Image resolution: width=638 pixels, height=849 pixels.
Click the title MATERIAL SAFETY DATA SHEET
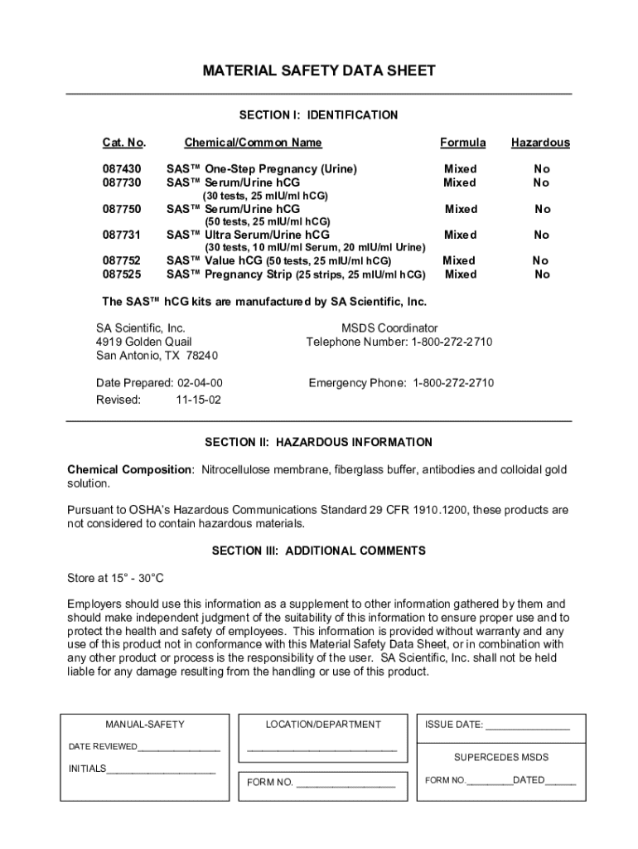(x=319, y=71)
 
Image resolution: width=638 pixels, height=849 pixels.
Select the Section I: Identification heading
(x=319, y=115)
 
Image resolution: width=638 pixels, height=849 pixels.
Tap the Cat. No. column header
(x=123, y=143)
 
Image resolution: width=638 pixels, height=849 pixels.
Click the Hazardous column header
(x=540, y=143)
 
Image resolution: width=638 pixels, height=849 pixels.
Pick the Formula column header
(x=462, y=143)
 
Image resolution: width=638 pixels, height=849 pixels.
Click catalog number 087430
(x=122, y=169)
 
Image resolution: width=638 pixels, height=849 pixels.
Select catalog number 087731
(x=122, y=235)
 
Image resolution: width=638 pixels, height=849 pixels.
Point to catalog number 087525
(x=122, y=274)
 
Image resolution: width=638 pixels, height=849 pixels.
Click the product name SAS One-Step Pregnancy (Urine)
(x=262, y=169)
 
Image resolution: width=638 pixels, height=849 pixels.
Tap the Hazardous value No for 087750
(x=542, y=210)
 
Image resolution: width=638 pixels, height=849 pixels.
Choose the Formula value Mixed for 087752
(x=460, y=260)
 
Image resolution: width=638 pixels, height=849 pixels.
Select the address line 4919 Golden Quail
(x=144, y=342)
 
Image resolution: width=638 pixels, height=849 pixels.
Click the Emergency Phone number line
(x=401, y=383)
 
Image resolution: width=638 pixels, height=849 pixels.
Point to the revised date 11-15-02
(x=198, y=399)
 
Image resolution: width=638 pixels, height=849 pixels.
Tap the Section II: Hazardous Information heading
(x=319, y=443)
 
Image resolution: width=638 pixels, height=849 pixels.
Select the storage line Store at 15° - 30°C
(x=121, y=578)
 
